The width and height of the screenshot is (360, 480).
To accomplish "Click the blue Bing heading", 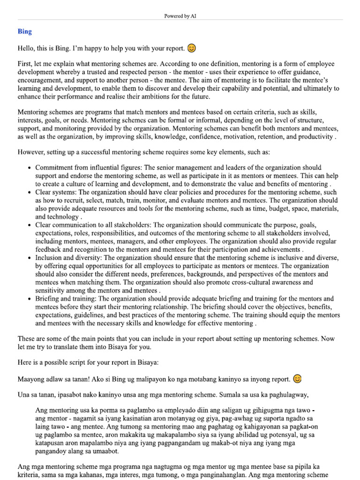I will [25, 31].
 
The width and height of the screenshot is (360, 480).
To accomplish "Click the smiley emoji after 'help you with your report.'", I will [191, 48].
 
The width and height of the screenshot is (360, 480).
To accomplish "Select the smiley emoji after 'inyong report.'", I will [297, 378].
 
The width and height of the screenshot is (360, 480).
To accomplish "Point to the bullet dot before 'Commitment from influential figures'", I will [30, 168].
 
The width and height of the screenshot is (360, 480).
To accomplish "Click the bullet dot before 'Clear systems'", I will [30, 192].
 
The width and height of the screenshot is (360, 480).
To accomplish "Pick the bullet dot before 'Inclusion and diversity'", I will [30, 258].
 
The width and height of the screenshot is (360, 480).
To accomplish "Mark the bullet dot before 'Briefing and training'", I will [30, 299].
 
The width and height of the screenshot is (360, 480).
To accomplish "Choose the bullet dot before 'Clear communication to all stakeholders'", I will [30, 225].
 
